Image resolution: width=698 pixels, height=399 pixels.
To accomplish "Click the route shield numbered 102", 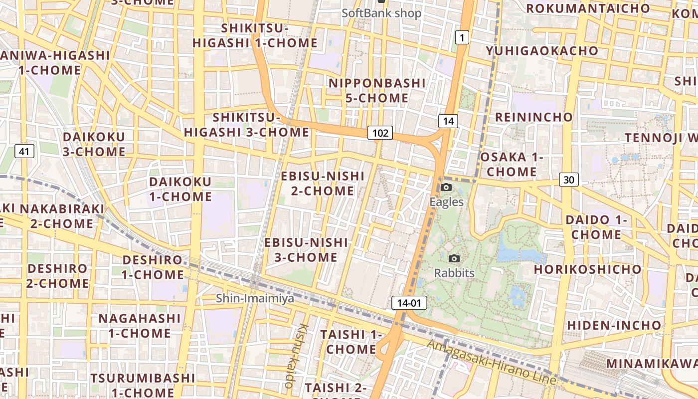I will click(x=380, y=133).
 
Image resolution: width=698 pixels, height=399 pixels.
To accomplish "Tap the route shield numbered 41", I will click(x=24, y=151).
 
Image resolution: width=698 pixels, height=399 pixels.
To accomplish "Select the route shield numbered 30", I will click(x=568, y=180).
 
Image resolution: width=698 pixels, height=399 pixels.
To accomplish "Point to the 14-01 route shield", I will click(x=409, y=302).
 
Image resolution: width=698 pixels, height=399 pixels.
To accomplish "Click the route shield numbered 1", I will click(x=462, y=37).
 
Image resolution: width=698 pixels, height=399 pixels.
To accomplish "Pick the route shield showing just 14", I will click(x=448, y=121).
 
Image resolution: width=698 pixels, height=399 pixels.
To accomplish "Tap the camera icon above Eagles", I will click(x=446, y=188).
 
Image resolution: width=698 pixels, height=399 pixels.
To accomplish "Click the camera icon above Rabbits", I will click(x=454, y=258).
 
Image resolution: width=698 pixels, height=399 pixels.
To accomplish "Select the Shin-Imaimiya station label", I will click(x=255, y=298).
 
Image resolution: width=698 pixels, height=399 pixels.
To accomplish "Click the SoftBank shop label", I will click(x=381, y=13).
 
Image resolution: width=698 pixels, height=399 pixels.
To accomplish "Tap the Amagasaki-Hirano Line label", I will click(x=491, y=362).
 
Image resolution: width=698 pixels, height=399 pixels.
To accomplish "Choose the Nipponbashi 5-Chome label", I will click(x=377, y=90).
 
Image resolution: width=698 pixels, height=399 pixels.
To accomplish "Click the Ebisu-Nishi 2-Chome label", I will click(x=323, y=183).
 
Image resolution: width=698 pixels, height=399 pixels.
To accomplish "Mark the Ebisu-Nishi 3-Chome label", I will click(x=306, y=250).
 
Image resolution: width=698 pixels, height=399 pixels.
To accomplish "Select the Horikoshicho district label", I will click(x=588, y=269).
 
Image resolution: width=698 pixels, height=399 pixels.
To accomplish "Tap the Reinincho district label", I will click(x=533, y=117).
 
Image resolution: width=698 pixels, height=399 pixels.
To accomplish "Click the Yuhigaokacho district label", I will click(x=542, y=51).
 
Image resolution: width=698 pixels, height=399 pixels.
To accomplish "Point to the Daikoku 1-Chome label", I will click(x=180, y=189).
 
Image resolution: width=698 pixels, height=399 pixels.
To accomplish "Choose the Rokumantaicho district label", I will click(x=588, y=8).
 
